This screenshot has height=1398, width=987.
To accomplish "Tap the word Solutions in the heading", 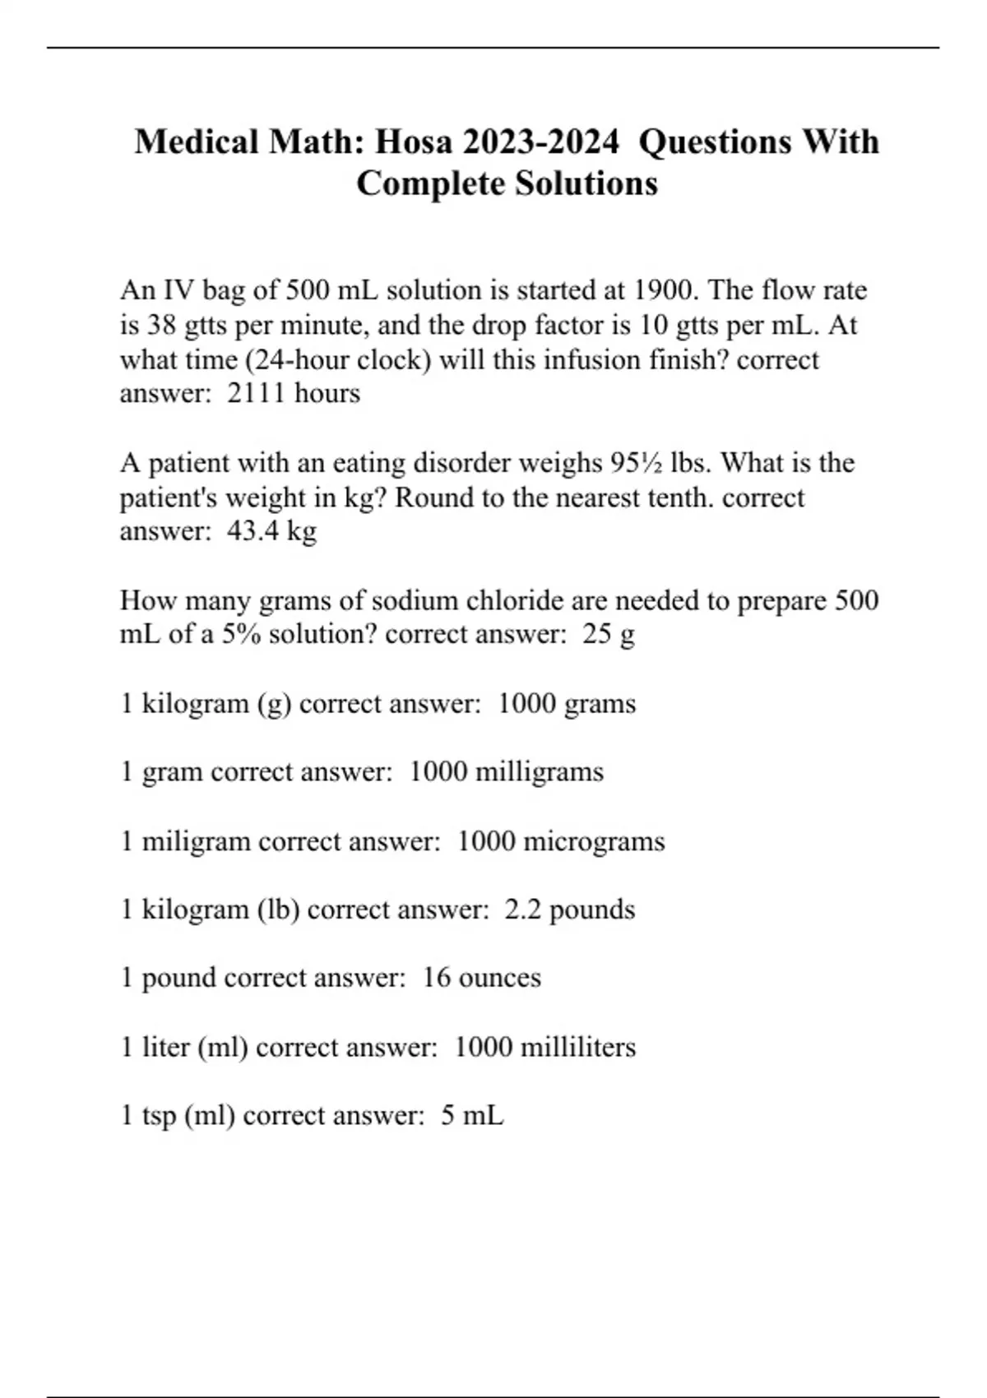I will click(586, 183).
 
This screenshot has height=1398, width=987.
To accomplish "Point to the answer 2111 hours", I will click(294, 393).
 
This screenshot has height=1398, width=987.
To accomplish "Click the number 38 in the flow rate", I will click(161, 326).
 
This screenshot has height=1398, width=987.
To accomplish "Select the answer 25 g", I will click(609, 635).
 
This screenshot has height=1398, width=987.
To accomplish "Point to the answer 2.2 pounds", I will click(570, 910).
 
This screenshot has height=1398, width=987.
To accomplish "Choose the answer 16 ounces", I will click(482, 978).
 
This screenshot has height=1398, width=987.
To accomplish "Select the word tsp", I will click(159, 1116).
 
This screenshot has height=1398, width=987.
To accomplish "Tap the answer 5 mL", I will click(472, 1116).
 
